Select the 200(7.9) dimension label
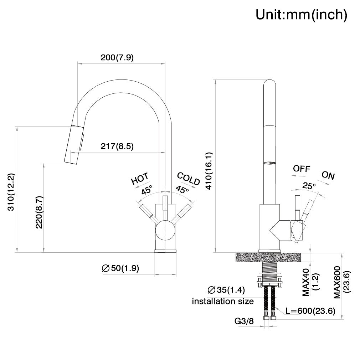[117, 58]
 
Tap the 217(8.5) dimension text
[117, 146]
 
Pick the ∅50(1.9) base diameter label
[120, 268]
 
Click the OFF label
[301, 169]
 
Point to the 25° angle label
[309, 186]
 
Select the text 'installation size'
[223, 301]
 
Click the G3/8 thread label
[244, 321]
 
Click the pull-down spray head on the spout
[73, 144]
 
